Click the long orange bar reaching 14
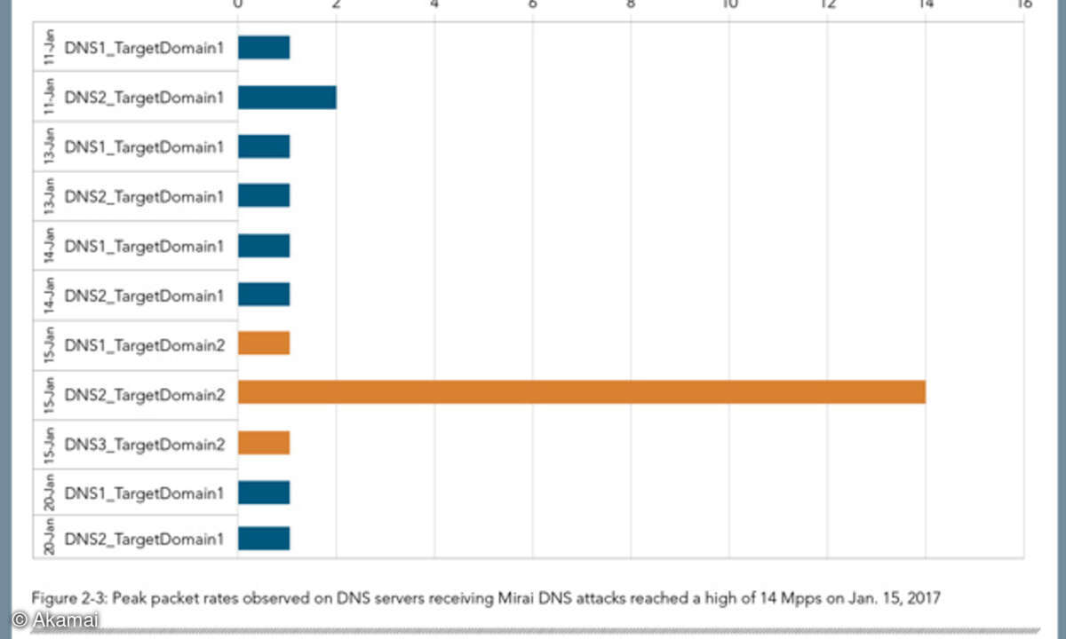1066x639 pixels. pyautogui.click(x=581, y=392)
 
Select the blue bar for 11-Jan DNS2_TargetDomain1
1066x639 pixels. pyautogui.click(x=286, y=97)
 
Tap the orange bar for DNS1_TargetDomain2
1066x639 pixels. pyautogui.click(x=263, y=343)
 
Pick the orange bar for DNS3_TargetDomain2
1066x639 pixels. pyautogui.click(x=263, y=442)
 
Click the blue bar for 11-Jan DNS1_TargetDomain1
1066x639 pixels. pyautogui.click(x=263, y=48)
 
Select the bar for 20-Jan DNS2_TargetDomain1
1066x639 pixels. pyautogui.click(x=263, y=539)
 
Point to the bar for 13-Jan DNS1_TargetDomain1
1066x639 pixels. pyautogui.click(x=263, y=146)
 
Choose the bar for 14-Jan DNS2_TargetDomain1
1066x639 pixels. pyautogui.click(x=263, y=294)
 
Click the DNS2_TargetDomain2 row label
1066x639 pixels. pyautogui.click(x=143, y=392)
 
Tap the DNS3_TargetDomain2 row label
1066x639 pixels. pyautogui.click(x=143, y=443)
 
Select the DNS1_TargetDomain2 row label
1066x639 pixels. pyautogui.click(x=143, y=343)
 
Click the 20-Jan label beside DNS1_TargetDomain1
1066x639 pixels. pyautogui.click(x=50, y=491)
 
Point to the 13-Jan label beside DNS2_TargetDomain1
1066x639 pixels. pyautogui.click(x=50, y=195)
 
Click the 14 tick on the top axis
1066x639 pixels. pyautogui.click(x=925, y=4)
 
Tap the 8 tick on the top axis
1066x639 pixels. pyautogui.click(x=630, y=4)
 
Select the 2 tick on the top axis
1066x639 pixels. pyautogui.click(x=336, y=4)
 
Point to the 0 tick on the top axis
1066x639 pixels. pyautogui.click(x=237, y=4)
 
